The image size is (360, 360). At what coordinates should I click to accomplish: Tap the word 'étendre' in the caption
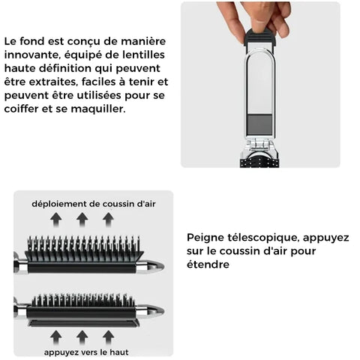point(208,265)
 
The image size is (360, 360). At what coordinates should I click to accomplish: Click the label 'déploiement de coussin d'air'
point(94,204)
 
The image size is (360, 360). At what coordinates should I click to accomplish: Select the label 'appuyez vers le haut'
point(86,352)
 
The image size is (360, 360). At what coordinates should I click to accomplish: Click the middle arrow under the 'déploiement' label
point(82,220)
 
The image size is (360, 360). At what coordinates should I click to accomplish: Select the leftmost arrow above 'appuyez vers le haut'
point(56,337)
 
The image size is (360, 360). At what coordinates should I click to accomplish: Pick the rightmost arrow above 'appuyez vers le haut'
point(109,337)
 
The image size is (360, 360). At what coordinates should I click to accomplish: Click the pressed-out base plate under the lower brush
point(83,323)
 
